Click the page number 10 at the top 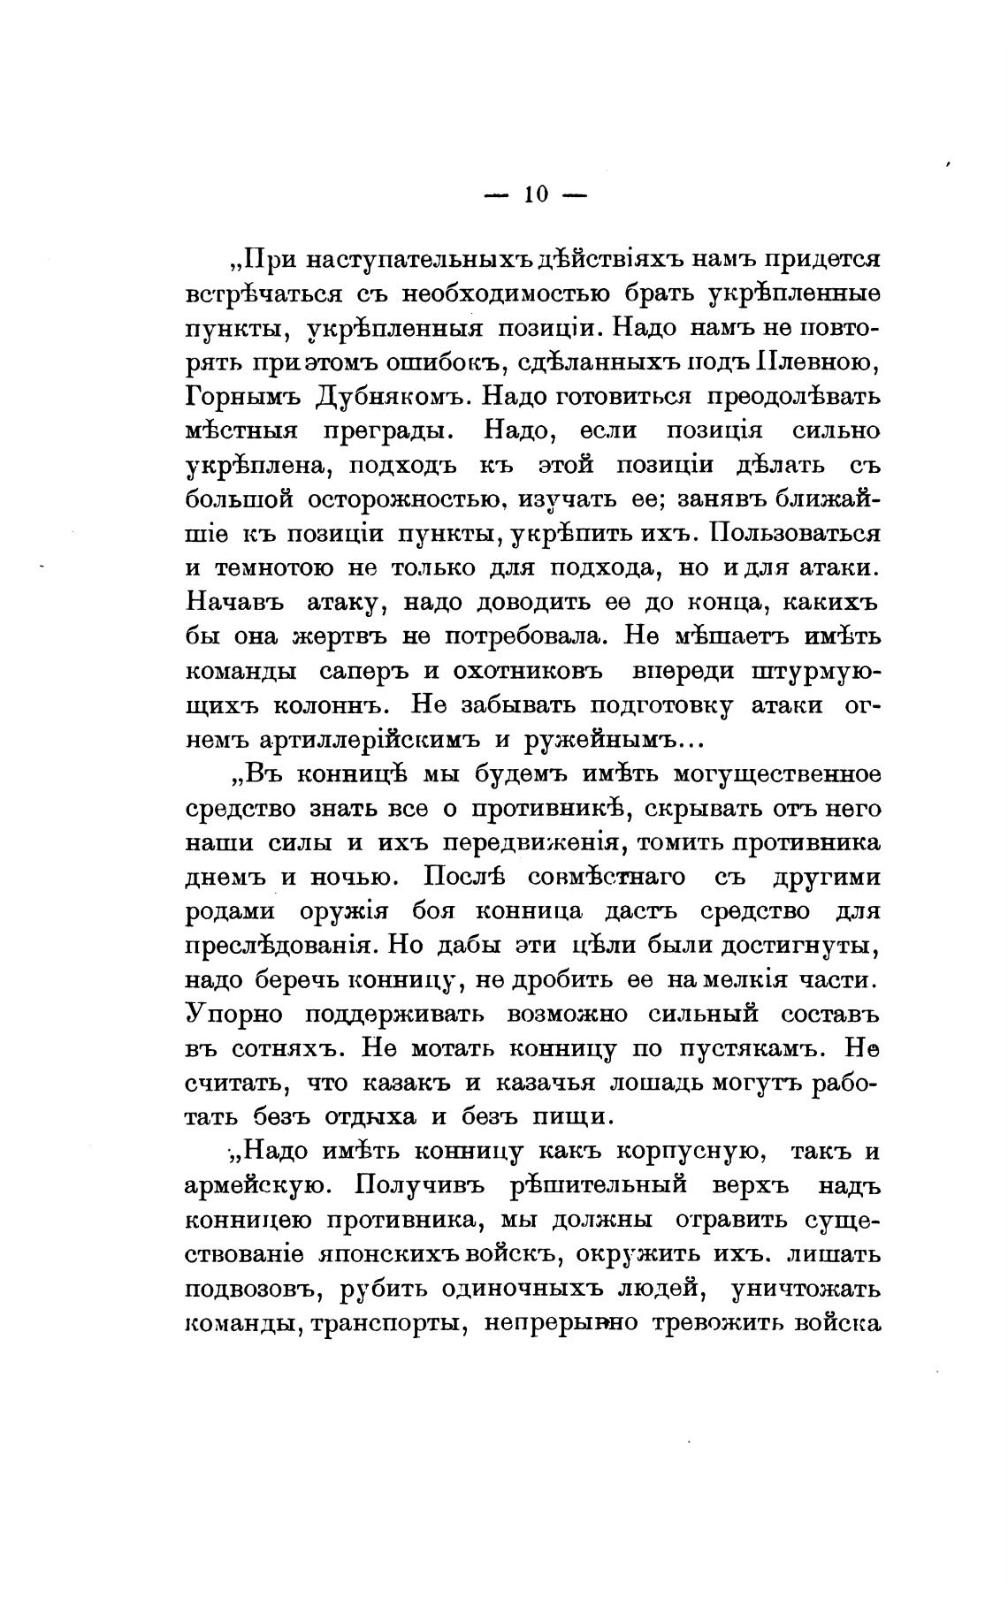537,194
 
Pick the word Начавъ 235,603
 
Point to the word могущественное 777,774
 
